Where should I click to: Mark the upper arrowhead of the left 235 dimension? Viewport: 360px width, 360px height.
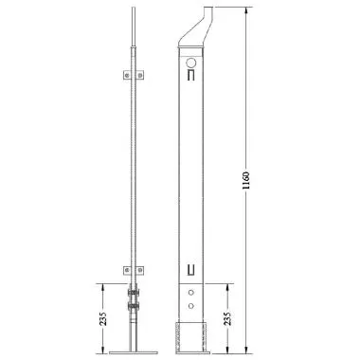click(x=107, y=282)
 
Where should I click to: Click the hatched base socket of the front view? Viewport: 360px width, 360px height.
click(x=190, y=336)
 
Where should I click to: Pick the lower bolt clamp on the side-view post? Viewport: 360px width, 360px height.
click(x=133, y=310)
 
